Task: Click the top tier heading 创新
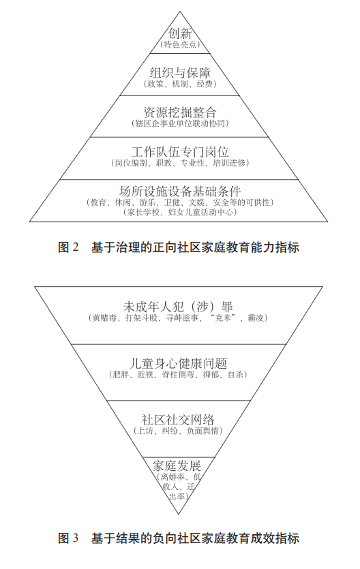[x=180, y=34]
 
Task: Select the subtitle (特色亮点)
[x=180, y=45]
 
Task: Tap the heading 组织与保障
[x=180, y=73]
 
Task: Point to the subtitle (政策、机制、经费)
[x=180, y=84]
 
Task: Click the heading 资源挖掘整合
[x=180, y=112]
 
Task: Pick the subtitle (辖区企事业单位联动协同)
[x=180, y=123]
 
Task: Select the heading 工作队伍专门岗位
[x=180, y=152]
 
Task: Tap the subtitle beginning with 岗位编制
[x=180, y=163]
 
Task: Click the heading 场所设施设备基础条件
[x=180, y=191]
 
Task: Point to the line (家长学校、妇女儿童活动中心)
[x=180, y=212]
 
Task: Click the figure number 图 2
[x=68, y=247]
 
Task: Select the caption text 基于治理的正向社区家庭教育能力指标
[x=195, y=247]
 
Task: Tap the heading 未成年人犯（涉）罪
[x=178, y=307]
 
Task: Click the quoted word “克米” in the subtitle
[x=223, y=318]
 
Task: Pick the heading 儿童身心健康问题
[x=178, y=364]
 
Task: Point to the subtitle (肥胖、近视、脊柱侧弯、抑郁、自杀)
[x=178, y=375]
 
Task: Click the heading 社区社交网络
[x=178, y=420]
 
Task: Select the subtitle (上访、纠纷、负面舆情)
[x=178, y=431]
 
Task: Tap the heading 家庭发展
[x=177, y=465]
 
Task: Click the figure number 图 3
[x=68, y=538]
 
